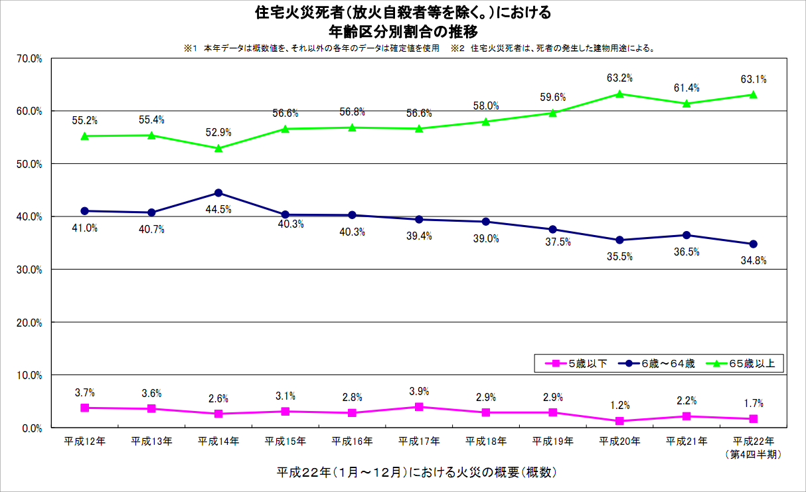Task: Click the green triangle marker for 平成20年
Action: (619, 94)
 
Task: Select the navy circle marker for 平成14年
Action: (218, 193)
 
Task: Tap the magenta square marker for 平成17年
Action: (419, 407)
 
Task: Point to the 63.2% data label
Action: (619, 78)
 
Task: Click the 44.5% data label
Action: (218, 209)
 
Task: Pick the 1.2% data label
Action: (619, 405)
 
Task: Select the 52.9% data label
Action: (218, 133)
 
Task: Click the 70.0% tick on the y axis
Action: (29, 58)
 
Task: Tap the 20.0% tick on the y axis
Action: (29, 323)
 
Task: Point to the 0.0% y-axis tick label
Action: (31, 428)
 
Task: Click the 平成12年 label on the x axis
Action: (84, 441)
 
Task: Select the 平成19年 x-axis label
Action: (552, 441)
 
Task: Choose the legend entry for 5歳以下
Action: (576, 363)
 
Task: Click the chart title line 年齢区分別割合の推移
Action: (403, 31)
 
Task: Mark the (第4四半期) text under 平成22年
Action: (753, 454)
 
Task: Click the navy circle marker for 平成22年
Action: (753, 244)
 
